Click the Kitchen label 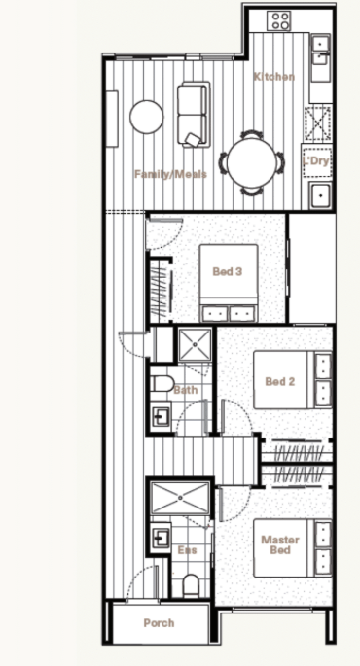tap(274, 77)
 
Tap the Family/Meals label tap(171, 174)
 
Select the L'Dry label tap(316, 161)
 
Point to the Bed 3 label tap(228, 271)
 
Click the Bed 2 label tap(279, 381)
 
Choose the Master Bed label tap(280, 544)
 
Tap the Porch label tap(159, 623)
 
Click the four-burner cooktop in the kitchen tap(279, 20)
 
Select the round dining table tap(251, 162)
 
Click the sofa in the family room tap(194, 115)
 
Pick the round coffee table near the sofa tap(147, 117)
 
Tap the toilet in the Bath tap(162, 384)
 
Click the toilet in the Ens tap(191, 585)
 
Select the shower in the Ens tap(180, 497)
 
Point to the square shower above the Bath tap(195, 345)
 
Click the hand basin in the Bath tap(161, 416)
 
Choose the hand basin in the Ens tap(161, 538)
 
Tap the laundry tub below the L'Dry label tap(320, 195)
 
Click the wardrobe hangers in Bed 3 tap(161, 290)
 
